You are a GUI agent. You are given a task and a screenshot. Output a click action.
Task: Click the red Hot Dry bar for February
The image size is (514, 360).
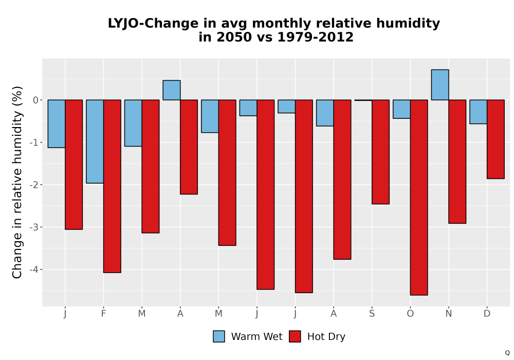[112, 186]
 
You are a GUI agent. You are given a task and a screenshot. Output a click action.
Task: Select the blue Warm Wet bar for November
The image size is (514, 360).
[440, 85]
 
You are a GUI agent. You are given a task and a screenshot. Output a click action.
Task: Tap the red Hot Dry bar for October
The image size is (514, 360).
[419, 197]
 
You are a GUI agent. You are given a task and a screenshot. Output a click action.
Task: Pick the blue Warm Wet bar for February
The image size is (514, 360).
[95, 141]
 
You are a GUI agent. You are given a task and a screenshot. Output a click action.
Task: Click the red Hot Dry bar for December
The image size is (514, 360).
[495, 139]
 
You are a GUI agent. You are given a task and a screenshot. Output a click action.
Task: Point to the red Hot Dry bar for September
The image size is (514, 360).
[380, 152]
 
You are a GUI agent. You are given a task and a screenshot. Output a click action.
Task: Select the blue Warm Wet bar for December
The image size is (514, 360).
[478, 112]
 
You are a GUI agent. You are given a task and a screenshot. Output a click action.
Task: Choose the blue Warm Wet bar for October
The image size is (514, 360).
[401, 109]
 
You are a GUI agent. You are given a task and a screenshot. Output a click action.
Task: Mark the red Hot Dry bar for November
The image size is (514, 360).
[457, 161]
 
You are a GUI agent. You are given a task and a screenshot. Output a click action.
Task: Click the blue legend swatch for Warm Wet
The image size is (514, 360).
[219, 336]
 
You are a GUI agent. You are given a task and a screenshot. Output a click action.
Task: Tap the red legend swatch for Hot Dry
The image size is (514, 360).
[295, 336]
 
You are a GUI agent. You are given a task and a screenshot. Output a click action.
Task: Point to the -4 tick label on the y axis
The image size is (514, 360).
[34, 269]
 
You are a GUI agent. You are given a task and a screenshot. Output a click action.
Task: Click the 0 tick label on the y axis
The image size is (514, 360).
[36, 100]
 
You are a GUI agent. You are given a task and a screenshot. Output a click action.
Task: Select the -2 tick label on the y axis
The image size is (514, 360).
[34, 185]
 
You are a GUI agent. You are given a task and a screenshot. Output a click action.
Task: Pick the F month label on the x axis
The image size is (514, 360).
[104, 314]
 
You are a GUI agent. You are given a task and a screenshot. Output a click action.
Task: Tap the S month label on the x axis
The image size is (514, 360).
[372, 314]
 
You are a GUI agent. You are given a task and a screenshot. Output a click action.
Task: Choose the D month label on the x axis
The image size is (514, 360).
[487, 314]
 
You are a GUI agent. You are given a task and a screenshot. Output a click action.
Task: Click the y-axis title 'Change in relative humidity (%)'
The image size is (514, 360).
[17, 182]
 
